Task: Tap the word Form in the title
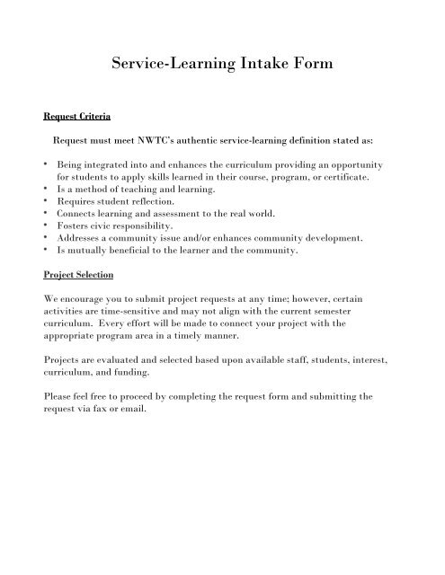(307, 64)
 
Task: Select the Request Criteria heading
(78, 116)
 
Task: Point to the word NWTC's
(154, 140)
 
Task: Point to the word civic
(102, 228)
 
